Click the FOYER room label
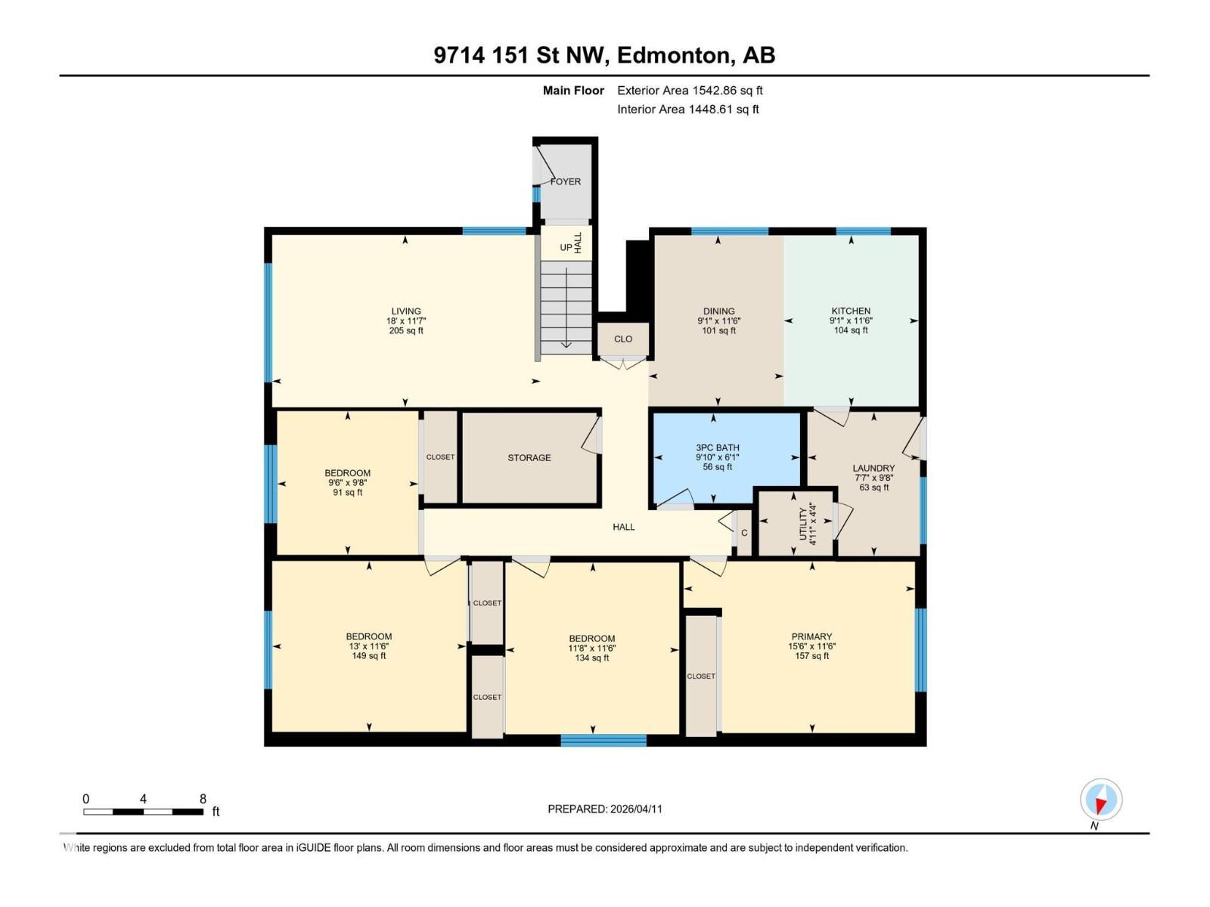pos(566,181)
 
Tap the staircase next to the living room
pos(566,306)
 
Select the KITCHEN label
pos(851,311)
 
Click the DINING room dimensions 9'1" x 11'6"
pos(718,320)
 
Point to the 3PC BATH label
pos(718,447)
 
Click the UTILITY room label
pos(803,523)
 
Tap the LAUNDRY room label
pos(873,468)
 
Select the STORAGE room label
pos(529,457)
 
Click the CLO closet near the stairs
pos(623,339)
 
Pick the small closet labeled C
pos(744,533)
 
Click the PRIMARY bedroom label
pos(811,636)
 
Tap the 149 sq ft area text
pos(369,656)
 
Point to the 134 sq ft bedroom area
pos(592,658)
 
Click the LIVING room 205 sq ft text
pos(406,330)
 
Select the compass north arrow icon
pos(1101,800)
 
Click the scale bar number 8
pos(203,799)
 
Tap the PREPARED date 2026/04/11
pos(634,809)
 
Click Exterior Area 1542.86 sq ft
pos(690,90)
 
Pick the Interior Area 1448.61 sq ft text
pos(687,109)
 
